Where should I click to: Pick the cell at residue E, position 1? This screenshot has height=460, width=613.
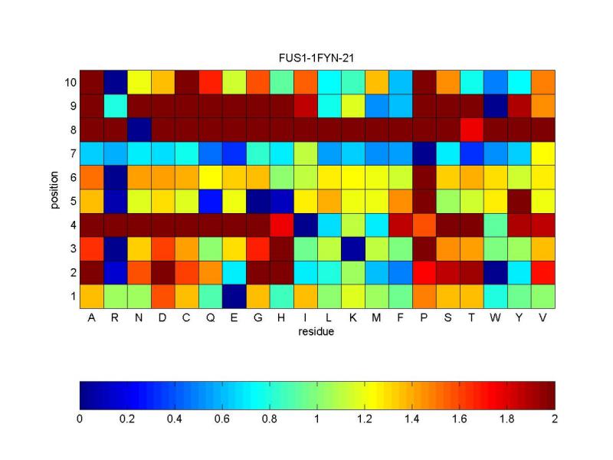(234, 295)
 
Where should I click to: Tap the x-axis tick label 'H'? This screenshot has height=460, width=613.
(282, 317)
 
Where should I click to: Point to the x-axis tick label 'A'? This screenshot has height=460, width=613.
(91, 317)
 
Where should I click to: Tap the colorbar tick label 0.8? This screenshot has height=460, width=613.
(270, 419)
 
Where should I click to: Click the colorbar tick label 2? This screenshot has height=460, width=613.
(554, 419)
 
